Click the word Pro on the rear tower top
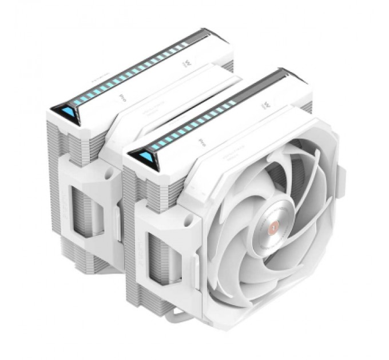[122, 98]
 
